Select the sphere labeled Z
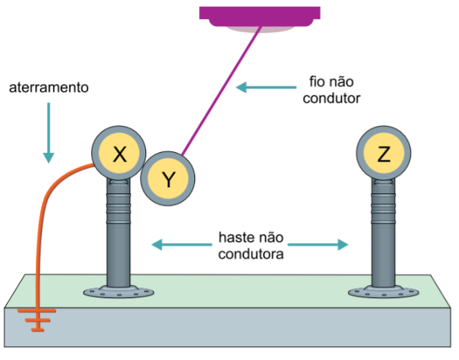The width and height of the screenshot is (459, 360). tap(384, 154)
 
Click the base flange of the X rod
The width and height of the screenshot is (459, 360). tap(121, 291)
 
